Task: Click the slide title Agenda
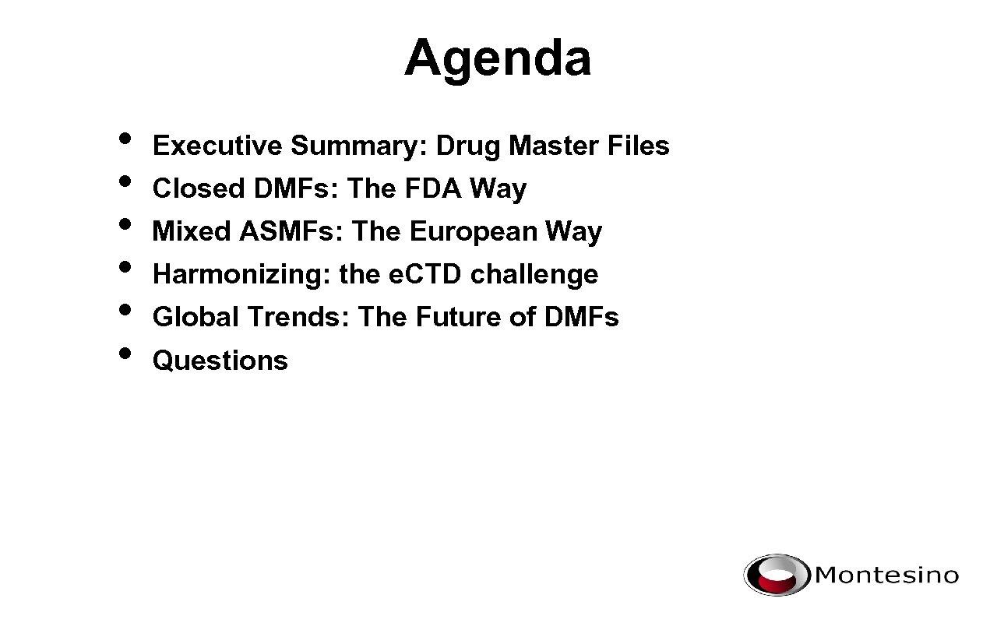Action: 498,58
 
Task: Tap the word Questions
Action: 220,361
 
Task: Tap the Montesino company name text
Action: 886,575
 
